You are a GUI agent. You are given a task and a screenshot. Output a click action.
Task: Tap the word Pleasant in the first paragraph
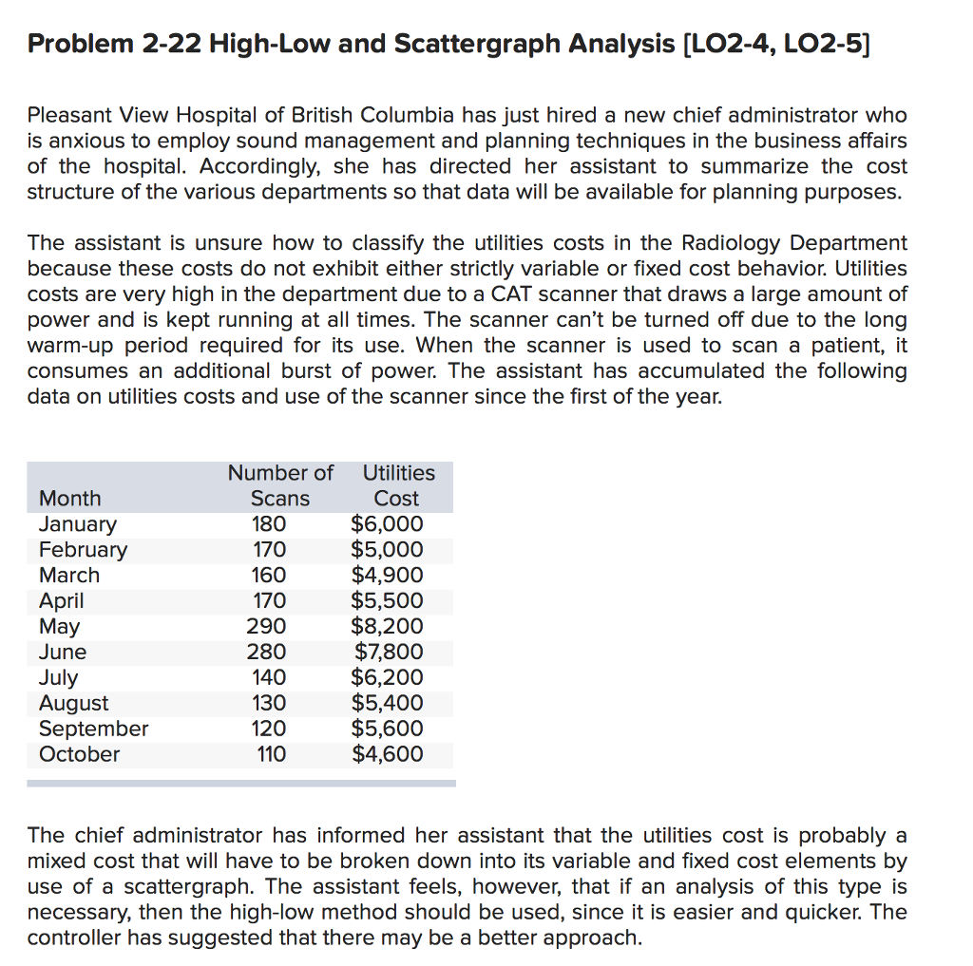click(68, 116)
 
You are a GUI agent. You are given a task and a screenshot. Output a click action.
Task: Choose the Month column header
click(69, 498)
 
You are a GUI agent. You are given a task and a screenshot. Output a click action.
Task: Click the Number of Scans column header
click(280, 485)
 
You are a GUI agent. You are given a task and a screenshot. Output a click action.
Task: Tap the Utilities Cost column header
click(398, 485)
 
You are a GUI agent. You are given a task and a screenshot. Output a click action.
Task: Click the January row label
click(78, 524)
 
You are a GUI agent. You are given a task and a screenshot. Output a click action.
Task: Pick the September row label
click(93, 729)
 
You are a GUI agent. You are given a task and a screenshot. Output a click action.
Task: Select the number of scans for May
click(268, 626)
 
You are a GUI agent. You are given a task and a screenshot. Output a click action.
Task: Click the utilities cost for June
click(388, 652)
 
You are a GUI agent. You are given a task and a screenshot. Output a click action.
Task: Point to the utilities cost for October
click(387, 754)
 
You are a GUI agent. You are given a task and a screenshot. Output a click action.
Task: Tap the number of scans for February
click(268, 549)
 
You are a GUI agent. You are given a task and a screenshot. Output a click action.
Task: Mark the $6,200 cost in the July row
click(387, 677)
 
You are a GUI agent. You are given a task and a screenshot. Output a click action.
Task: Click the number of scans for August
click(268, 703)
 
